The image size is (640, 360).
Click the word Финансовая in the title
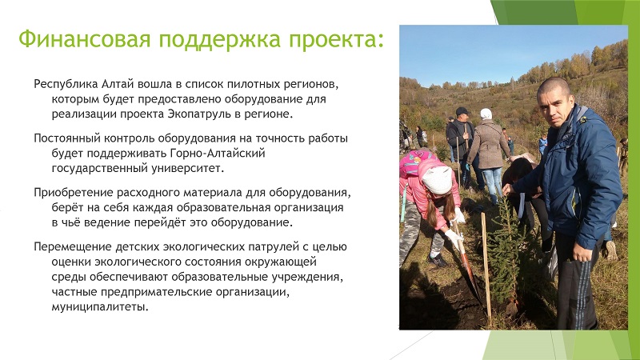85,39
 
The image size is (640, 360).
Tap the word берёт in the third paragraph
67,207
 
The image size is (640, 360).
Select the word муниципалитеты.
100,306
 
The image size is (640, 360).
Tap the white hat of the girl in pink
437,179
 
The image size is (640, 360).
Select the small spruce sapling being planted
504,253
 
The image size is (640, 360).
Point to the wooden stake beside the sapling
486,267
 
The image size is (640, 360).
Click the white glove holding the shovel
454,237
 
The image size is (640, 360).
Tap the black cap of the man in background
462,111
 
